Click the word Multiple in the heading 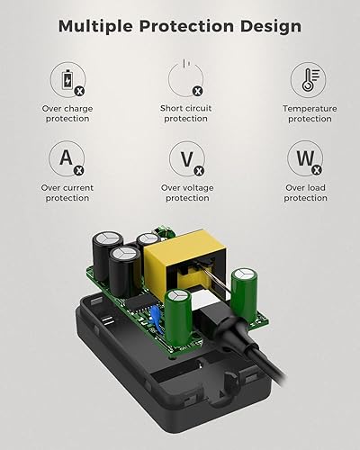click(96, 25)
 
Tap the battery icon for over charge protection click(67, 80)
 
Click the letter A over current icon click(67, 160)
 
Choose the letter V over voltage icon click(184, 160)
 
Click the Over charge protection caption click(67, 113)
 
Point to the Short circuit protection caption click(184, 113)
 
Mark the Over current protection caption click(67, 193)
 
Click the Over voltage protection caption click(184, 193)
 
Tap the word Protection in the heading click(184, 25)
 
